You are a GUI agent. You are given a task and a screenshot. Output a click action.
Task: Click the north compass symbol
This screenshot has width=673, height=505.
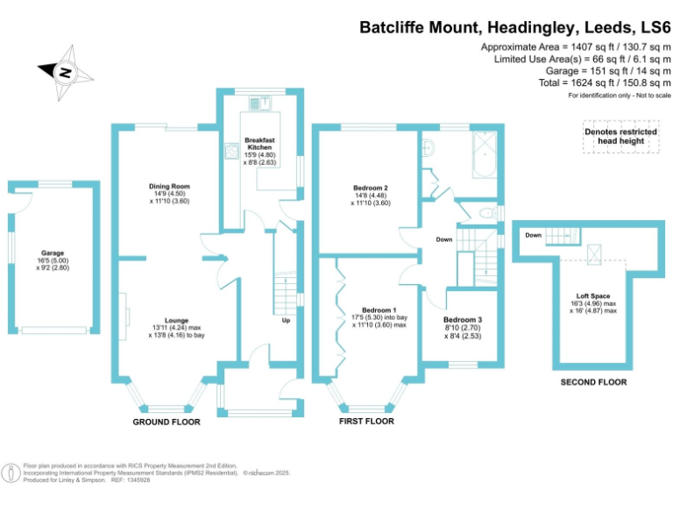(x=63, y=74)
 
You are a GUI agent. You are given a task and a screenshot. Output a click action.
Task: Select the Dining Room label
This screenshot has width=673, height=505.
(x=169, y=187)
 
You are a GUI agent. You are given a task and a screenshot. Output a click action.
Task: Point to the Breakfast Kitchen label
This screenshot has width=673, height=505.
(x=261, y=144)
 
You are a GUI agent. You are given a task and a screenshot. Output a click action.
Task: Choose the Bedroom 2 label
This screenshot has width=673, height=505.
(x=372, y=188)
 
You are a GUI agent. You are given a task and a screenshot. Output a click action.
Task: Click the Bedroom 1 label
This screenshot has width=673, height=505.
(x=379, y=310)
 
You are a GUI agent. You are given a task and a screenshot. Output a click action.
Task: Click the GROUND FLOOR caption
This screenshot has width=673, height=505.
(x=166, y=422)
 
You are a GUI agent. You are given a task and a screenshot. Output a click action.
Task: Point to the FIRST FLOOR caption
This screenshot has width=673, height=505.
(x=366, y=421)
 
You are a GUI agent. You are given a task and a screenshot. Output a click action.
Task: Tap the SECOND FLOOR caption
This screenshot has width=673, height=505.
(x=593, y=382)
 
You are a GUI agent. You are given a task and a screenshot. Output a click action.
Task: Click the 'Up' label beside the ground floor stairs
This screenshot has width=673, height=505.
(x=286, y=320)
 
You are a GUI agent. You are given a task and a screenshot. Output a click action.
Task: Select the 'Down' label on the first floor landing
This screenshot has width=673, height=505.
(x=443, y=238)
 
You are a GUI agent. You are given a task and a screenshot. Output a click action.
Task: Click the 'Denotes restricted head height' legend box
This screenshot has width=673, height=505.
(x=620, y=137)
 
